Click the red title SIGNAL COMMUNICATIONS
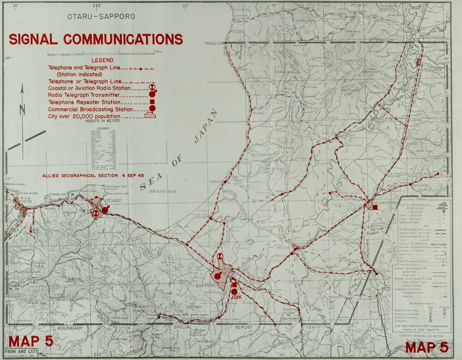(96, 39)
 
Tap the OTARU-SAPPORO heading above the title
(101, 16)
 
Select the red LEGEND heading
(102, 60)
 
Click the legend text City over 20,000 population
(88, 116)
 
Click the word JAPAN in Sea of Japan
(205, 126)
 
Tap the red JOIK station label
(236, 298)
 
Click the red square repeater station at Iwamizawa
(375, 207)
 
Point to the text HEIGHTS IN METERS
(103, 121)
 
